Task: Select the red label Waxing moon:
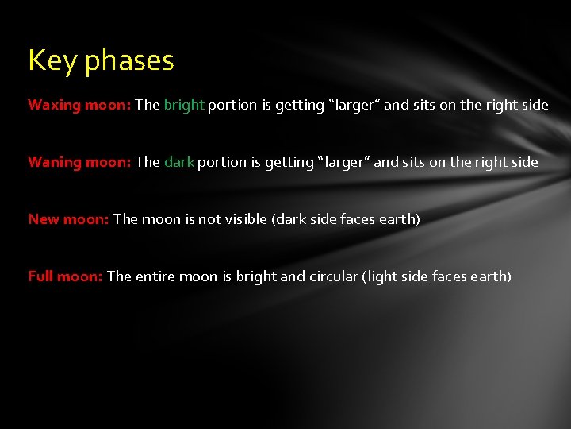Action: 79,105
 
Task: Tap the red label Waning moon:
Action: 79,162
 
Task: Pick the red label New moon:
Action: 68,219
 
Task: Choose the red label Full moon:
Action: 65,276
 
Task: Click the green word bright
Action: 184,105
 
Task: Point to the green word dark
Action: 178,162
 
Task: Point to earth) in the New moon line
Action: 399,219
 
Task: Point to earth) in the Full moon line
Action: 490,276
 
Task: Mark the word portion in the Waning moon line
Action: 221,162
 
